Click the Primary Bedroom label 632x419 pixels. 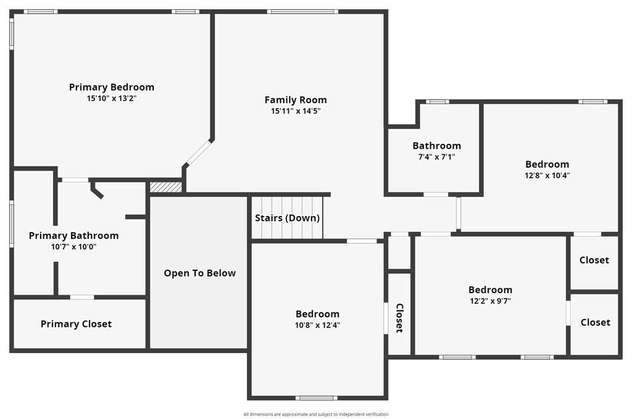tap(112, 87)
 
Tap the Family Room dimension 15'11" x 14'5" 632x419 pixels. tap(296, 111)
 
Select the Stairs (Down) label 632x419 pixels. tap(288, 218)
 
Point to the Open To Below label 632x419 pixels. tap(199, 273)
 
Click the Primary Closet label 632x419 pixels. tap(76, 324)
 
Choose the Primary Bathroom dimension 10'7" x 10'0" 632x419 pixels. tap(73, 247)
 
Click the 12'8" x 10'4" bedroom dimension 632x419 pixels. tap(547, 175)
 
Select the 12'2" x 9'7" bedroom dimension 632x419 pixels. tap(490, 301)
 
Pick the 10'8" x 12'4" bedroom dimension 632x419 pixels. tap(317, 325)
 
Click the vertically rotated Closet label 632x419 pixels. tap(399, 318)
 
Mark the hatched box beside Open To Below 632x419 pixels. tap(166, 186)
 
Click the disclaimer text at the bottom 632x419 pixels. tap(316, 414)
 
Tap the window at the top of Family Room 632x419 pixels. tap(302, 11)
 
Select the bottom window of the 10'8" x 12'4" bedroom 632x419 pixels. tap(316, 397)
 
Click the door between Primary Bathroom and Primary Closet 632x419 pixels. tap(82, 297)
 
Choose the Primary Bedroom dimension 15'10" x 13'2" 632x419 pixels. tap(112, 98)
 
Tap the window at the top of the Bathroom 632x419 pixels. tap(438, 102)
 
